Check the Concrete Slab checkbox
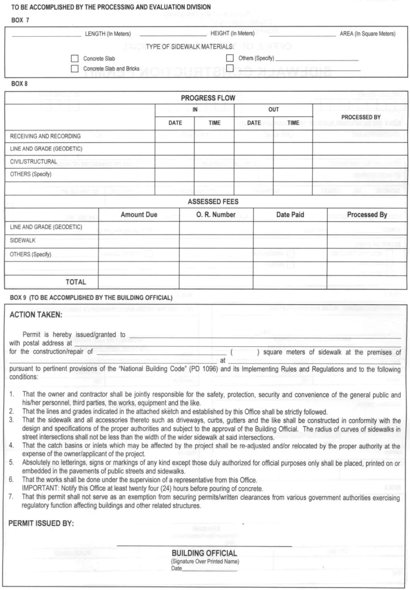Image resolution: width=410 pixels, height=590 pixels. (x=74, y=58)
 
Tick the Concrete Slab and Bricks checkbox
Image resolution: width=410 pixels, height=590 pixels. (x=74, y=69)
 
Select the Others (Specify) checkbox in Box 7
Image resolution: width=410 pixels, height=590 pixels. (x=230, y=58)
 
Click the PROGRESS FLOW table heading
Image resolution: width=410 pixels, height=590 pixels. (x=204, y=98)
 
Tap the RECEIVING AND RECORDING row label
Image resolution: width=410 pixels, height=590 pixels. (x=45, y=137)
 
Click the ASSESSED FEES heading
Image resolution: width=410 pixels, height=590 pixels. (x=204, y=202)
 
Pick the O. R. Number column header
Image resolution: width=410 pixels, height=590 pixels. (x=216, y=215)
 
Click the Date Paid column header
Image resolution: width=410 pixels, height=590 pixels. (x=290, y=215)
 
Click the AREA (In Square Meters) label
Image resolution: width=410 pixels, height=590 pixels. (x=367, y=33)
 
